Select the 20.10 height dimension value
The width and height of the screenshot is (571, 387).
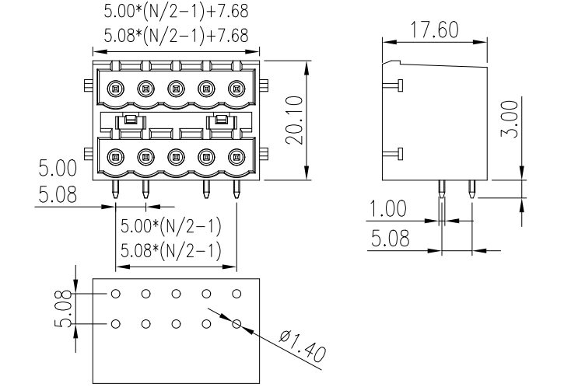click(x=294, y=120)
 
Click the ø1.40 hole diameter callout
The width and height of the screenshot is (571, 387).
click(x=300, y=348)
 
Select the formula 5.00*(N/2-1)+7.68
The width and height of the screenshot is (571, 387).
click(x=176, y=13)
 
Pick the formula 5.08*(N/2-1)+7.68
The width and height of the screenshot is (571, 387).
click(x=176, y=36)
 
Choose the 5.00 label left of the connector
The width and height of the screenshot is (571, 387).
click(x=58, y=169)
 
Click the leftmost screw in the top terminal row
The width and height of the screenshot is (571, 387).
click(x=116, y=88)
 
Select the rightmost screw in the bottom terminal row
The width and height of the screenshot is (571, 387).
click(x=236, y=156)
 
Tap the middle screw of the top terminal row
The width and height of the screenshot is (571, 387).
click(x=176, y=88)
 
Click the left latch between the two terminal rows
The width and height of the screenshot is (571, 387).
click(x=131, y=120)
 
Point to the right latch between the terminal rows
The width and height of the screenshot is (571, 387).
click(x=222, y=120)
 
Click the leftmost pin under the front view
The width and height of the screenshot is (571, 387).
click(x=116, y=188)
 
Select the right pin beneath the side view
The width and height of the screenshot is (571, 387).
click(x=471, y=188)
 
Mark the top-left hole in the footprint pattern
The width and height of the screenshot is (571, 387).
click(x=116, y=294)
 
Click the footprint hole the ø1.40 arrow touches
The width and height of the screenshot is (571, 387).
click(x=236, y=322)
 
